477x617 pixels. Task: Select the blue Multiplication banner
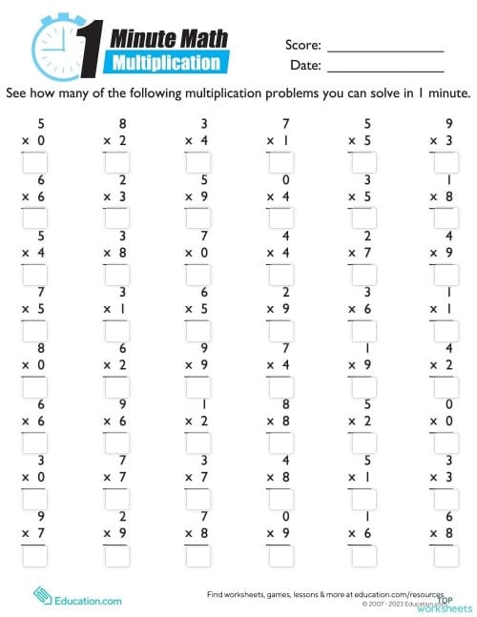[x=168, y=63]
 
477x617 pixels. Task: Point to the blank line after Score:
[x=385, y=48]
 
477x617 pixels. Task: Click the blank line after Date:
[x=385, y=71]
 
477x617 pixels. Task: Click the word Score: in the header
[x=302, y=46]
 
